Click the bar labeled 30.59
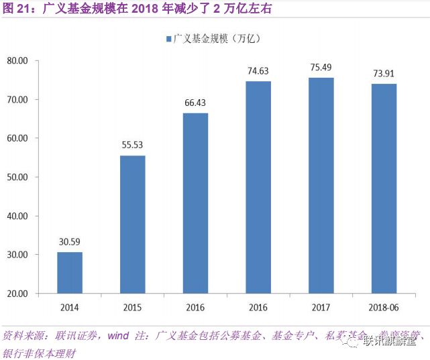[69, 272]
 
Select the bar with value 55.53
[132, 224]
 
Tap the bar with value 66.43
[195, 202]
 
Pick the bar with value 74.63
[258, 187]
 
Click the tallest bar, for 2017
[321, 185]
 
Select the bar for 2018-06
[384, 188]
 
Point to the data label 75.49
[321, 68]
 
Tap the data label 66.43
[195, 103]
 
